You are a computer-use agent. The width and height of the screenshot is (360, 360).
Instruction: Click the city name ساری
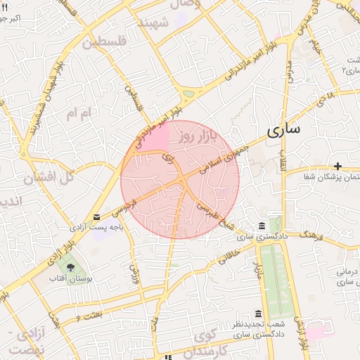point(283,130)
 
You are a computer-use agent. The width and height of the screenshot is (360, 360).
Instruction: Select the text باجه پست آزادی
point(97,228)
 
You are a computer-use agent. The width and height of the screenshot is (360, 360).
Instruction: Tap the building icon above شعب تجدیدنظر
point(259,314)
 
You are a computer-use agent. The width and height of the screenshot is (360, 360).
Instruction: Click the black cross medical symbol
point(338,166)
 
